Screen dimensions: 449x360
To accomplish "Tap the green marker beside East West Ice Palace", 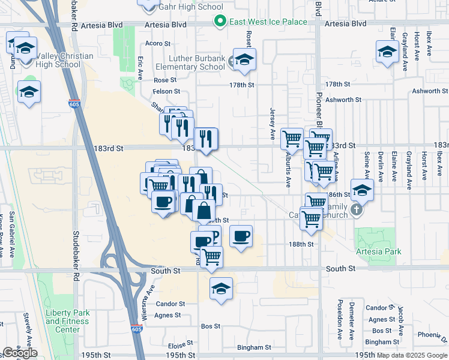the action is coord(220,22).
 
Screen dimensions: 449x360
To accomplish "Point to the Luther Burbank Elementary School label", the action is coord(188,62).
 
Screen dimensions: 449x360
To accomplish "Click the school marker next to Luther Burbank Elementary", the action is coord(244,59).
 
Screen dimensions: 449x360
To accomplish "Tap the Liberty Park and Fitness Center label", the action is coord(67,321).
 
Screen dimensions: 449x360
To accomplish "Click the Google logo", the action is coord(20,353).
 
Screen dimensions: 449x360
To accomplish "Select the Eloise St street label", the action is coord(179,346).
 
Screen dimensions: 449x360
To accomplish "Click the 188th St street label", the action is coord(301,245).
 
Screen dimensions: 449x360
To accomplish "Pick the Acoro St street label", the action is coord(160,44).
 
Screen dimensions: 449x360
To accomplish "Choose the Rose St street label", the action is coord(165,80).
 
